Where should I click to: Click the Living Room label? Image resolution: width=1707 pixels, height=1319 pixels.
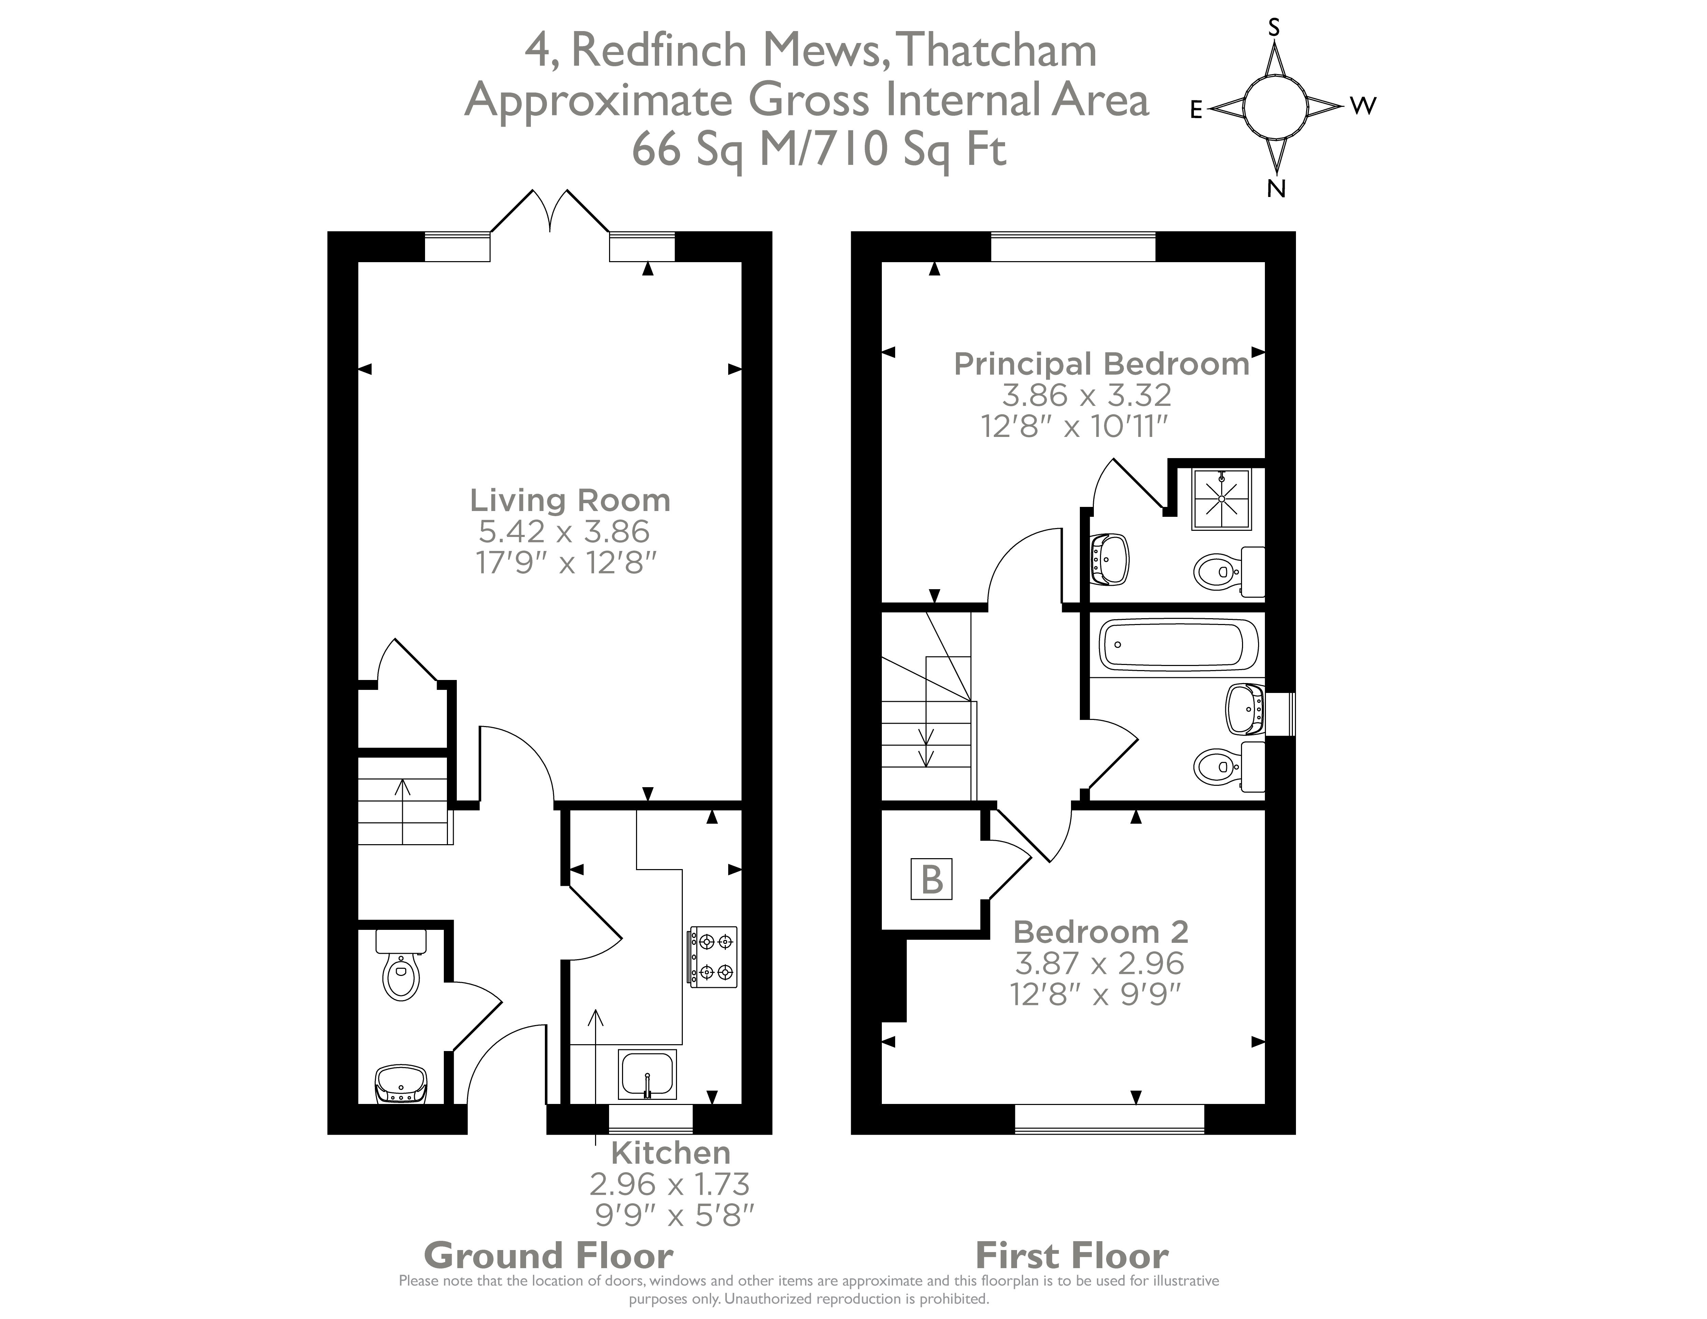coord(570,500)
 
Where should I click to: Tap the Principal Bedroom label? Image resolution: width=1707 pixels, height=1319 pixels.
coord(1101,364)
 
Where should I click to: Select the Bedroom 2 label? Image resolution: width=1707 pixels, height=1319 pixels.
coord(1100,932)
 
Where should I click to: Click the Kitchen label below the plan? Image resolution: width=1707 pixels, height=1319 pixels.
coord(671,1152)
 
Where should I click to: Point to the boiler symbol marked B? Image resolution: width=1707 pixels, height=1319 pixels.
coord(931,879)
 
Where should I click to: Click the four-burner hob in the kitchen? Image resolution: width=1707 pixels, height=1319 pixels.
coord(712,957)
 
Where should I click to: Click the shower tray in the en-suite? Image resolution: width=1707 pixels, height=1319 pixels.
coord(1221,499)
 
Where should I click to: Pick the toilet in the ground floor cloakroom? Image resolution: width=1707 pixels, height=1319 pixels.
coord(402,969)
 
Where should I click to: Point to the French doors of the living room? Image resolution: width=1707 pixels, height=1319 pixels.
coord(551,211)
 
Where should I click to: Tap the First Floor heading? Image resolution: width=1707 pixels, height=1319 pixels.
coord(1072,1256)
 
